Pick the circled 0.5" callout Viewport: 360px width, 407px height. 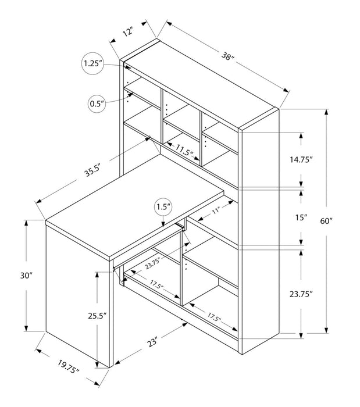tap(98, 104)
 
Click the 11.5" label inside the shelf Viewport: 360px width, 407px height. tap(184, 153)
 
